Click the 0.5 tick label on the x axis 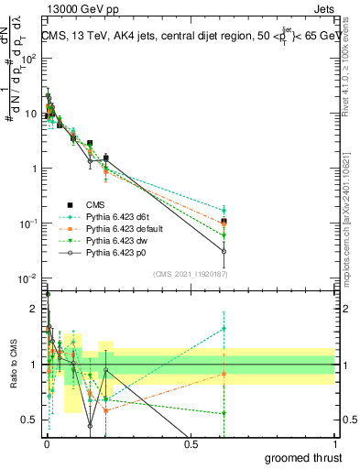tap(191, 442)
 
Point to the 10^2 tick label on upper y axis tap(28, 58)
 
